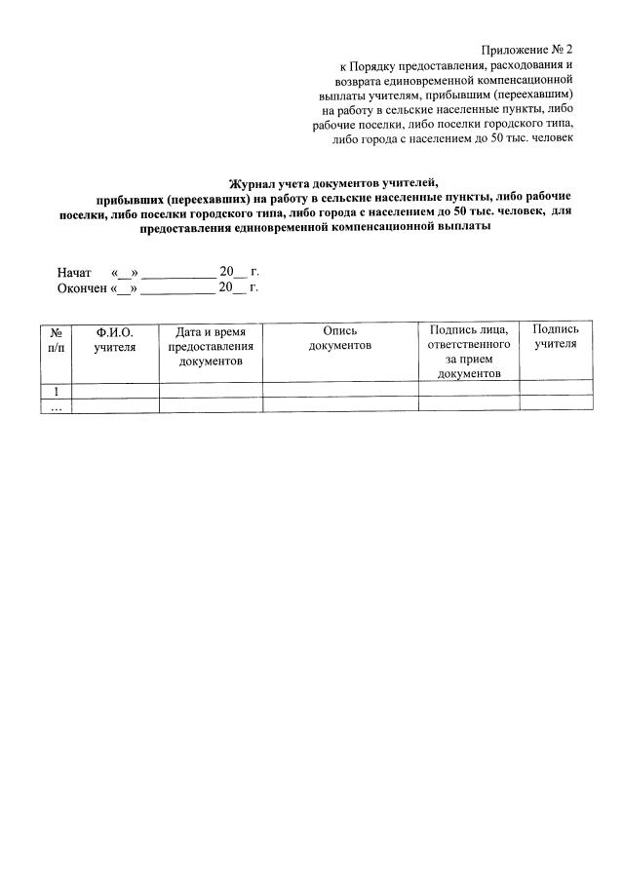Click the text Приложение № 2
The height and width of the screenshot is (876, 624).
pyautogui.click(x=527, y=49)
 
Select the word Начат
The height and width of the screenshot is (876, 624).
pyautogui.click(x=73, y=272)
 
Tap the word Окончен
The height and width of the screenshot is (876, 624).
pyautogui.click(x=82, y=288)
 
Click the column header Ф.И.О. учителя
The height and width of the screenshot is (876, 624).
pyautogui.click(x=115, y=339)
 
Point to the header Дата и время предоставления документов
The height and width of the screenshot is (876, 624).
pyautogui.click(x=211, y=347)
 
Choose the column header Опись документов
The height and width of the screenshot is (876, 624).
pyautogui.click(x=340, y=339)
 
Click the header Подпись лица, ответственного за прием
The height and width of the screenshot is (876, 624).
pyautogui.click(x=469, y=352)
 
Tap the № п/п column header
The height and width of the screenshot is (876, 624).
pyautogui.click(x=58, y=339)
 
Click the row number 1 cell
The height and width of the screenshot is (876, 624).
pyautogui.click(x=57, y=391)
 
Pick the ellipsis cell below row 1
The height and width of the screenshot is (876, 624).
pyautogui.click(x=57, y=407)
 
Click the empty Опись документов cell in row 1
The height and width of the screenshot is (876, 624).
pyautogui.click(x=340, y=391)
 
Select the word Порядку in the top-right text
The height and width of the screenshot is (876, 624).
pyautogui.click(x=373, y=65)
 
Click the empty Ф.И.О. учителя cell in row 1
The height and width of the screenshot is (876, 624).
pyautogui.click(x=115, y=391)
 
